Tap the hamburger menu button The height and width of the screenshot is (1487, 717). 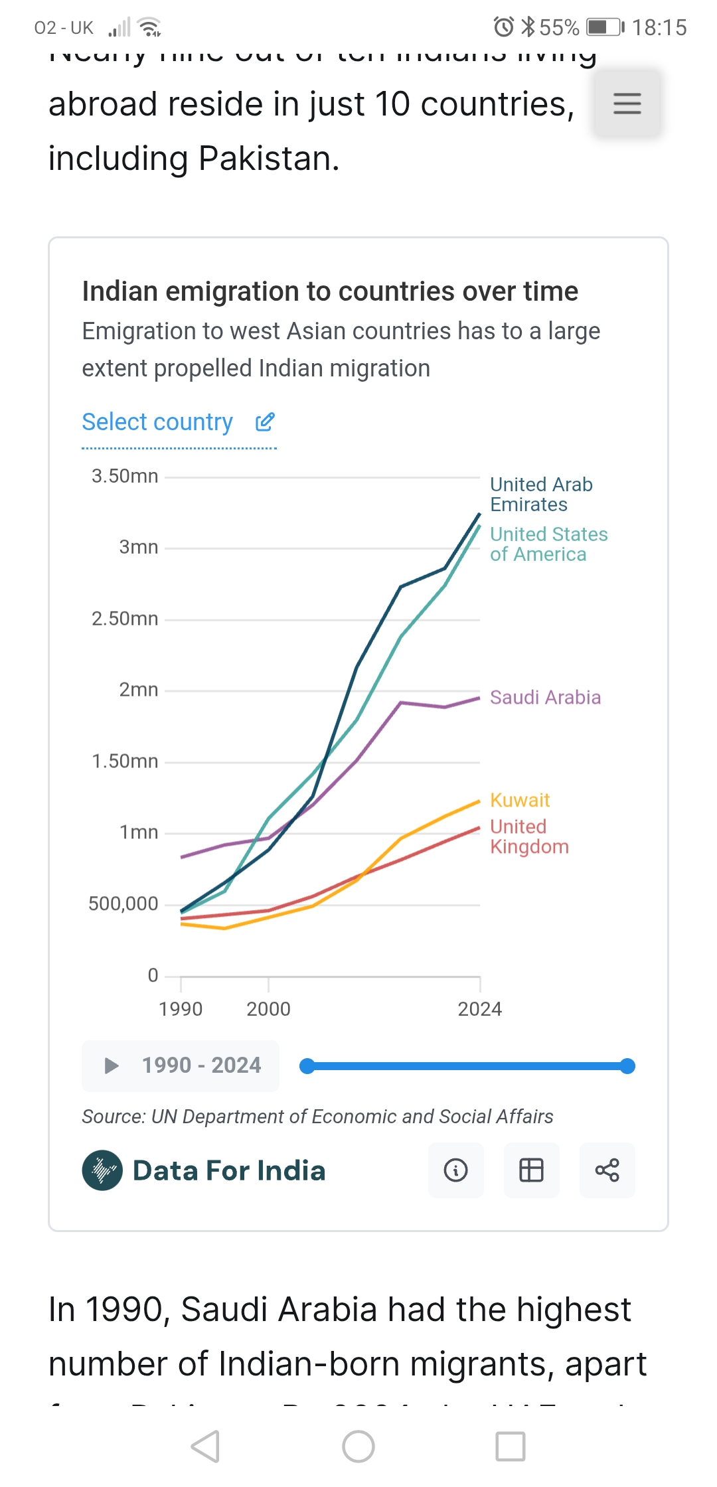pyautogui.click(x=627, y=104)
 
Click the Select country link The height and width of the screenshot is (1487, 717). pyautogui.click(x=157, y=422)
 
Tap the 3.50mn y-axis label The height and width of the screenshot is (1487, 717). pyautogui.click(x=125, y=476)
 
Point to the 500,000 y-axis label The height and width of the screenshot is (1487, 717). pyautogui.click(x=123, y=903)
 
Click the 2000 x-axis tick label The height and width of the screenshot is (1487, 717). pyautogui.click(x=268, y=1009)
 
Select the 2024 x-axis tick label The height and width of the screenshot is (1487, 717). pyautogui.click(x=479, y=1009)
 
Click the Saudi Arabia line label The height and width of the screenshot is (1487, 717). pyautogui.click(x=545, y=697)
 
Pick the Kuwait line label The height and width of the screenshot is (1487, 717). pyautogui.click(x=520, y=800)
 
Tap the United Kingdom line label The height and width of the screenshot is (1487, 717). pyautogui.click(x=529, y=836)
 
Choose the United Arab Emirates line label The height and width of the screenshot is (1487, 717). pyautogui.click(x=541, y=495)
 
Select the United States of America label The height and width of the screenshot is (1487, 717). pyautogui.click(x=548, y=544)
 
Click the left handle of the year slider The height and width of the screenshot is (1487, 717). pyautogui.click(x=307, y=1066)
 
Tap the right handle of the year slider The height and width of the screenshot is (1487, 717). pyautogui.click(x=627, y=1066)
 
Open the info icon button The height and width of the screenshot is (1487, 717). pyautogui.click(x=455, y=1170)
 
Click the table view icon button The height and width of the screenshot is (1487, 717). pyautogui.click(x=531, y=1170)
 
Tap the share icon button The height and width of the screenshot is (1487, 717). pyautogui.click(x=607, y=1170)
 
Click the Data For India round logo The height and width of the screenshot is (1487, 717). pyautogui.click(x=102, y=1170)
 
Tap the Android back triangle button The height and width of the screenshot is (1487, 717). pyautogui.click(x=205, y=1447)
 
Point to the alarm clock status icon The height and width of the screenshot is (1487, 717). pyautogui.click(x=503, y=27)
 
